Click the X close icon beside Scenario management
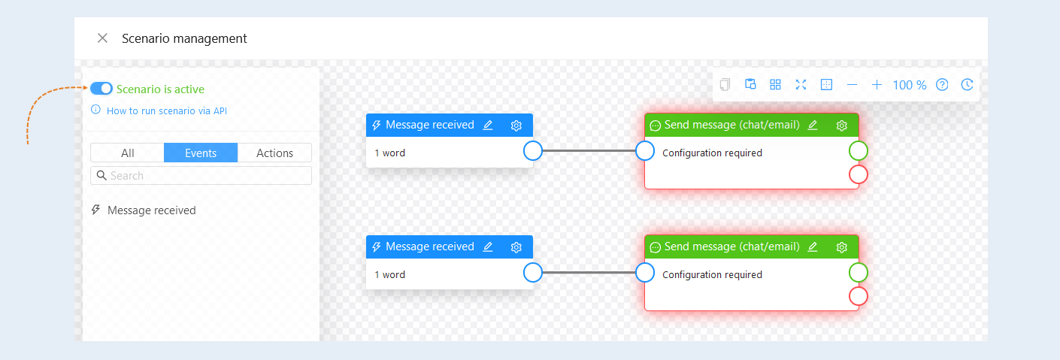(x=102, y=38)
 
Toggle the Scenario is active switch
(x=101, y=89)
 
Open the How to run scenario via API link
(x=167, y=110)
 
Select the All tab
(x=127, y=153)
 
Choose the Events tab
(x=201, y=153)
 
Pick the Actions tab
(x=274, y=153)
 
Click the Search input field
(x=201, y=176)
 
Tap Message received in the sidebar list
(x=151, y=210)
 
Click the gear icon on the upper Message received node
(x=516, y=126)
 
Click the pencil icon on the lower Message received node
(x=488, y=247)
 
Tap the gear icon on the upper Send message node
(x=841, y=126)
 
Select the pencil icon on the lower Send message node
(x=813, y=247)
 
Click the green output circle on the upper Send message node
(x=859, y=151)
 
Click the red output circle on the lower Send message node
(x=859, y=297)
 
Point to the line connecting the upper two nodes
(x=589, y=151)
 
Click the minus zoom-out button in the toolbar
(x=852, y=85)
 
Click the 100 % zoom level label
(x=910, y=85)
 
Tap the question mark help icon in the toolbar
(x=942, y=85)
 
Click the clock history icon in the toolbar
(x=968, y=85)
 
